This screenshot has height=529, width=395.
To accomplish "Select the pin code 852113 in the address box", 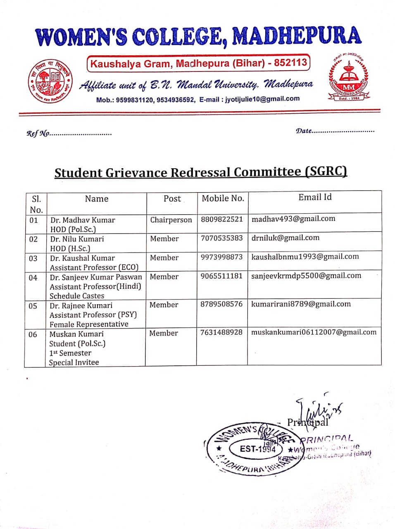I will pos(290,63).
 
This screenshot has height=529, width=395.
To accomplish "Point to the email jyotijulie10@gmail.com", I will pos(262,99).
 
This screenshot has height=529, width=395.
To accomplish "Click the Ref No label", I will pos(38,133).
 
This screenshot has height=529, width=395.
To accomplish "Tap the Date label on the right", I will pos(304,131).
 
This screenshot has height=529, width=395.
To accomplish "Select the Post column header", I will pos(172,199).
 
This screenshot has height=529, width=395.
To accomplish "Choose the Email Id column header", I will pos(315,197).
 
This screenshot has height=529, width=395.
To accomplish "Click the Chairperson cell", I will pos(171,220).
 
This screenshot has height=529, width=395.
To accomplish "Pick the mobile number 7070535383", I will pos(222,238).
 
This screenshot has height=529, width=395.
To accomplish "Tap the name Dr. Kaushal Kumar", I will pos(82,258).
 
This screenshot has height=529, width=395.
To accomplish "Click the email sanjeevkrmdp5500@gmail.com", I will pos(306,276).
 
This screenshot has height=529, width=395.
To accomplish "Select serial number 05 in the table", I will pos(33,306).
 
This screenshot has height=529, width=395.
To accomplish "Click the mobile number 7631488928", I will pos(221,332).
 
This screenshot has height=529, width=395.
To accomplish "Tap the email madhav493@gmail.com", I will pos(293,219).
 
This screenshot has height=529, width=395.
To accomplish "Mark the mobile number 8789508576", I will pos(221,304).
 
